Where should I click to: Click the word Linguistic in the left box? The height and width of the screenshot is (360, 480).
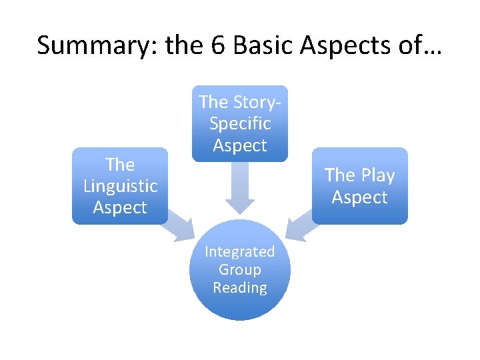click(x=120, y=186)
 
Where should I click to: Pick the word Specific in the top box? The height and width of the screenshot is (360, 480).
click(x=240, y=123)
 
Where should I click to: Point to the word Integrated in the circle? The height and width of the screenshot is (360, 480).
click(x=240, y=251)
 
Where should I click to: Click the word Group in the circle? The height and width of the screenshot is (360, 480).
click(x=240, y=269)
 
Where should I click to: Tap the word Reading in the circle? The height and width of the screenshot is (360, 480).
click(x=240, y=287)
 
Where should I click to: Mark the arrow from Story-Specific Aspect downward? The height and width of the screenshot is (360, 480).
click(x=240, y=187)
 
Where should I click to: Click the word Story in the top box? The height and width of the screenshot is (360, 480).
click(x=253, y=102)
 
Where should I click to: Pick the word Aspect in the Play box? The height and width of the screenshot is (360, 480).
click(x=359, y=197)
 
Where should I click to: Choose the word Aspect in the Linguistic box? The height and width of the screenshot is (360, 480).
click(x=120, y=207)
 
